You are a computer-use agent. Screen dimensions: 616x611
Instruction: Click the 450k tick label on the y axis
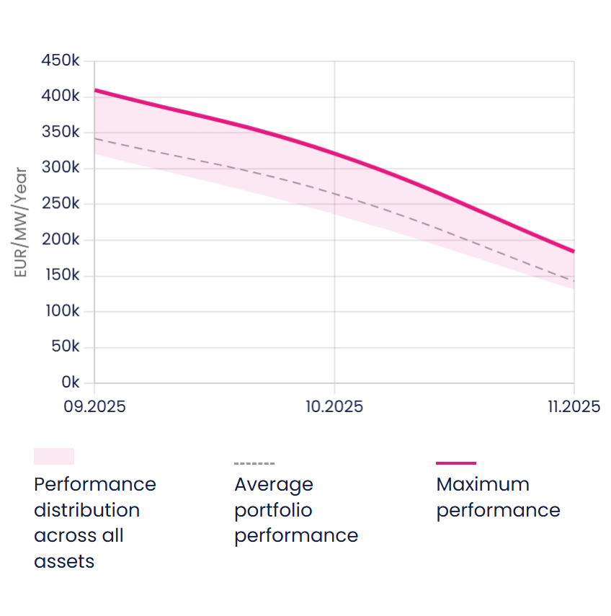pyautogui.click(x=60, y=61)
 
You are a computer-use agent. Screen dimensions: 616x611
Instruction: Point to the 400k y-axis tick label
pyautogui.click(x=60, y=97)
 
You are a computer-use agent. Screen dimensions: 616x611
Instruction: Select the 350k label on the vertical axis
pyautogui.click(x=60, y=133)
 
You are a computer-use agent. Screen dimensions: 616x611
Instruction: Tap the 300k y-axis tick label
pyautogui.click(x=60, y=169)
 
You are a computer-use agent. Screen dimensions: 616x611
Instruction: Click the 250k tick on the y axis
pyautogui.click(x=60, y=204)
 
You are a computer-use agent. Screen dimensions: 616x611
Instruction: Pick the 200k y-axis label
pyautogui.click(x=60, y=240)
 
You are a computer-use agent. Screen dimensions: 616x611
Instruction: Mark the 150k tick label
pyautogui.click(x=61, y=275)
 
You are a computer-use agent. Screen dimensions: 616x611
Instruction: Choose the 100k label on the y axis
pyautogui.click(x=61, y=311)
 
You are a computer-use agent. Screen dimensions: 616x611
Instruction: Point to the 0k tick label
pyautogui.click(x=70, y=383)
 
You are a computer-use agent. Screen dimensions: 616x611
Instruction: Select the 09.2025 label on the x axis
pyautogui.click(x=94, y=407)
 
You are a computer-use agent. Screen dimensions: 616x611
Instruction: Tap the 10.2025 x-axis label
pyautogui.click(x=334, y=407)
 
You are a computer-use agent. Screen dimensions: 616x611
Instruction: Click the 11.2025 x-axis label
pyautogui.click(x=574, y=407)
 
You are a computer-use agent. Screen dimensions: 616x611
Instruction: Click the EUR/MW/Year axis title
pyautogui.click(x=21, y=223)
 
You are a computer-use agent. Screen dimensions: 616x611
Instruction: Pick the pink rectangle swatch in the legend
pyautogui.click(x=54, y=456)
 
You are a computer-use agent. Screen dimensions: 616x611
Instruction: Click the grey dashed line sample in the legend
pyautogui.click(x=254, y=463)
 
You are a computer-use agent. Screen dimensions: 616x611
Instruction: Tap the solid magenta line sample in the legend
pyautogui.click(x=455, y=463)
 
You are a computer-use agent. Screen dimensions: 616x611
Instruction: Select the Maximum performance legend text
pyautogui.click(x=498, y=497)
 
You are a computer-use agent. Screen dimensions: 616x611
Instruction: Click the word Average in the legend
pyautogui.click(x=274, y=484)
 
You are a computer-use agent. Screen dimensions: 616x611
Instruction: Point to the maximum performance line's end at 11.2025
pyautogui.click(x=574, y=251)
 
